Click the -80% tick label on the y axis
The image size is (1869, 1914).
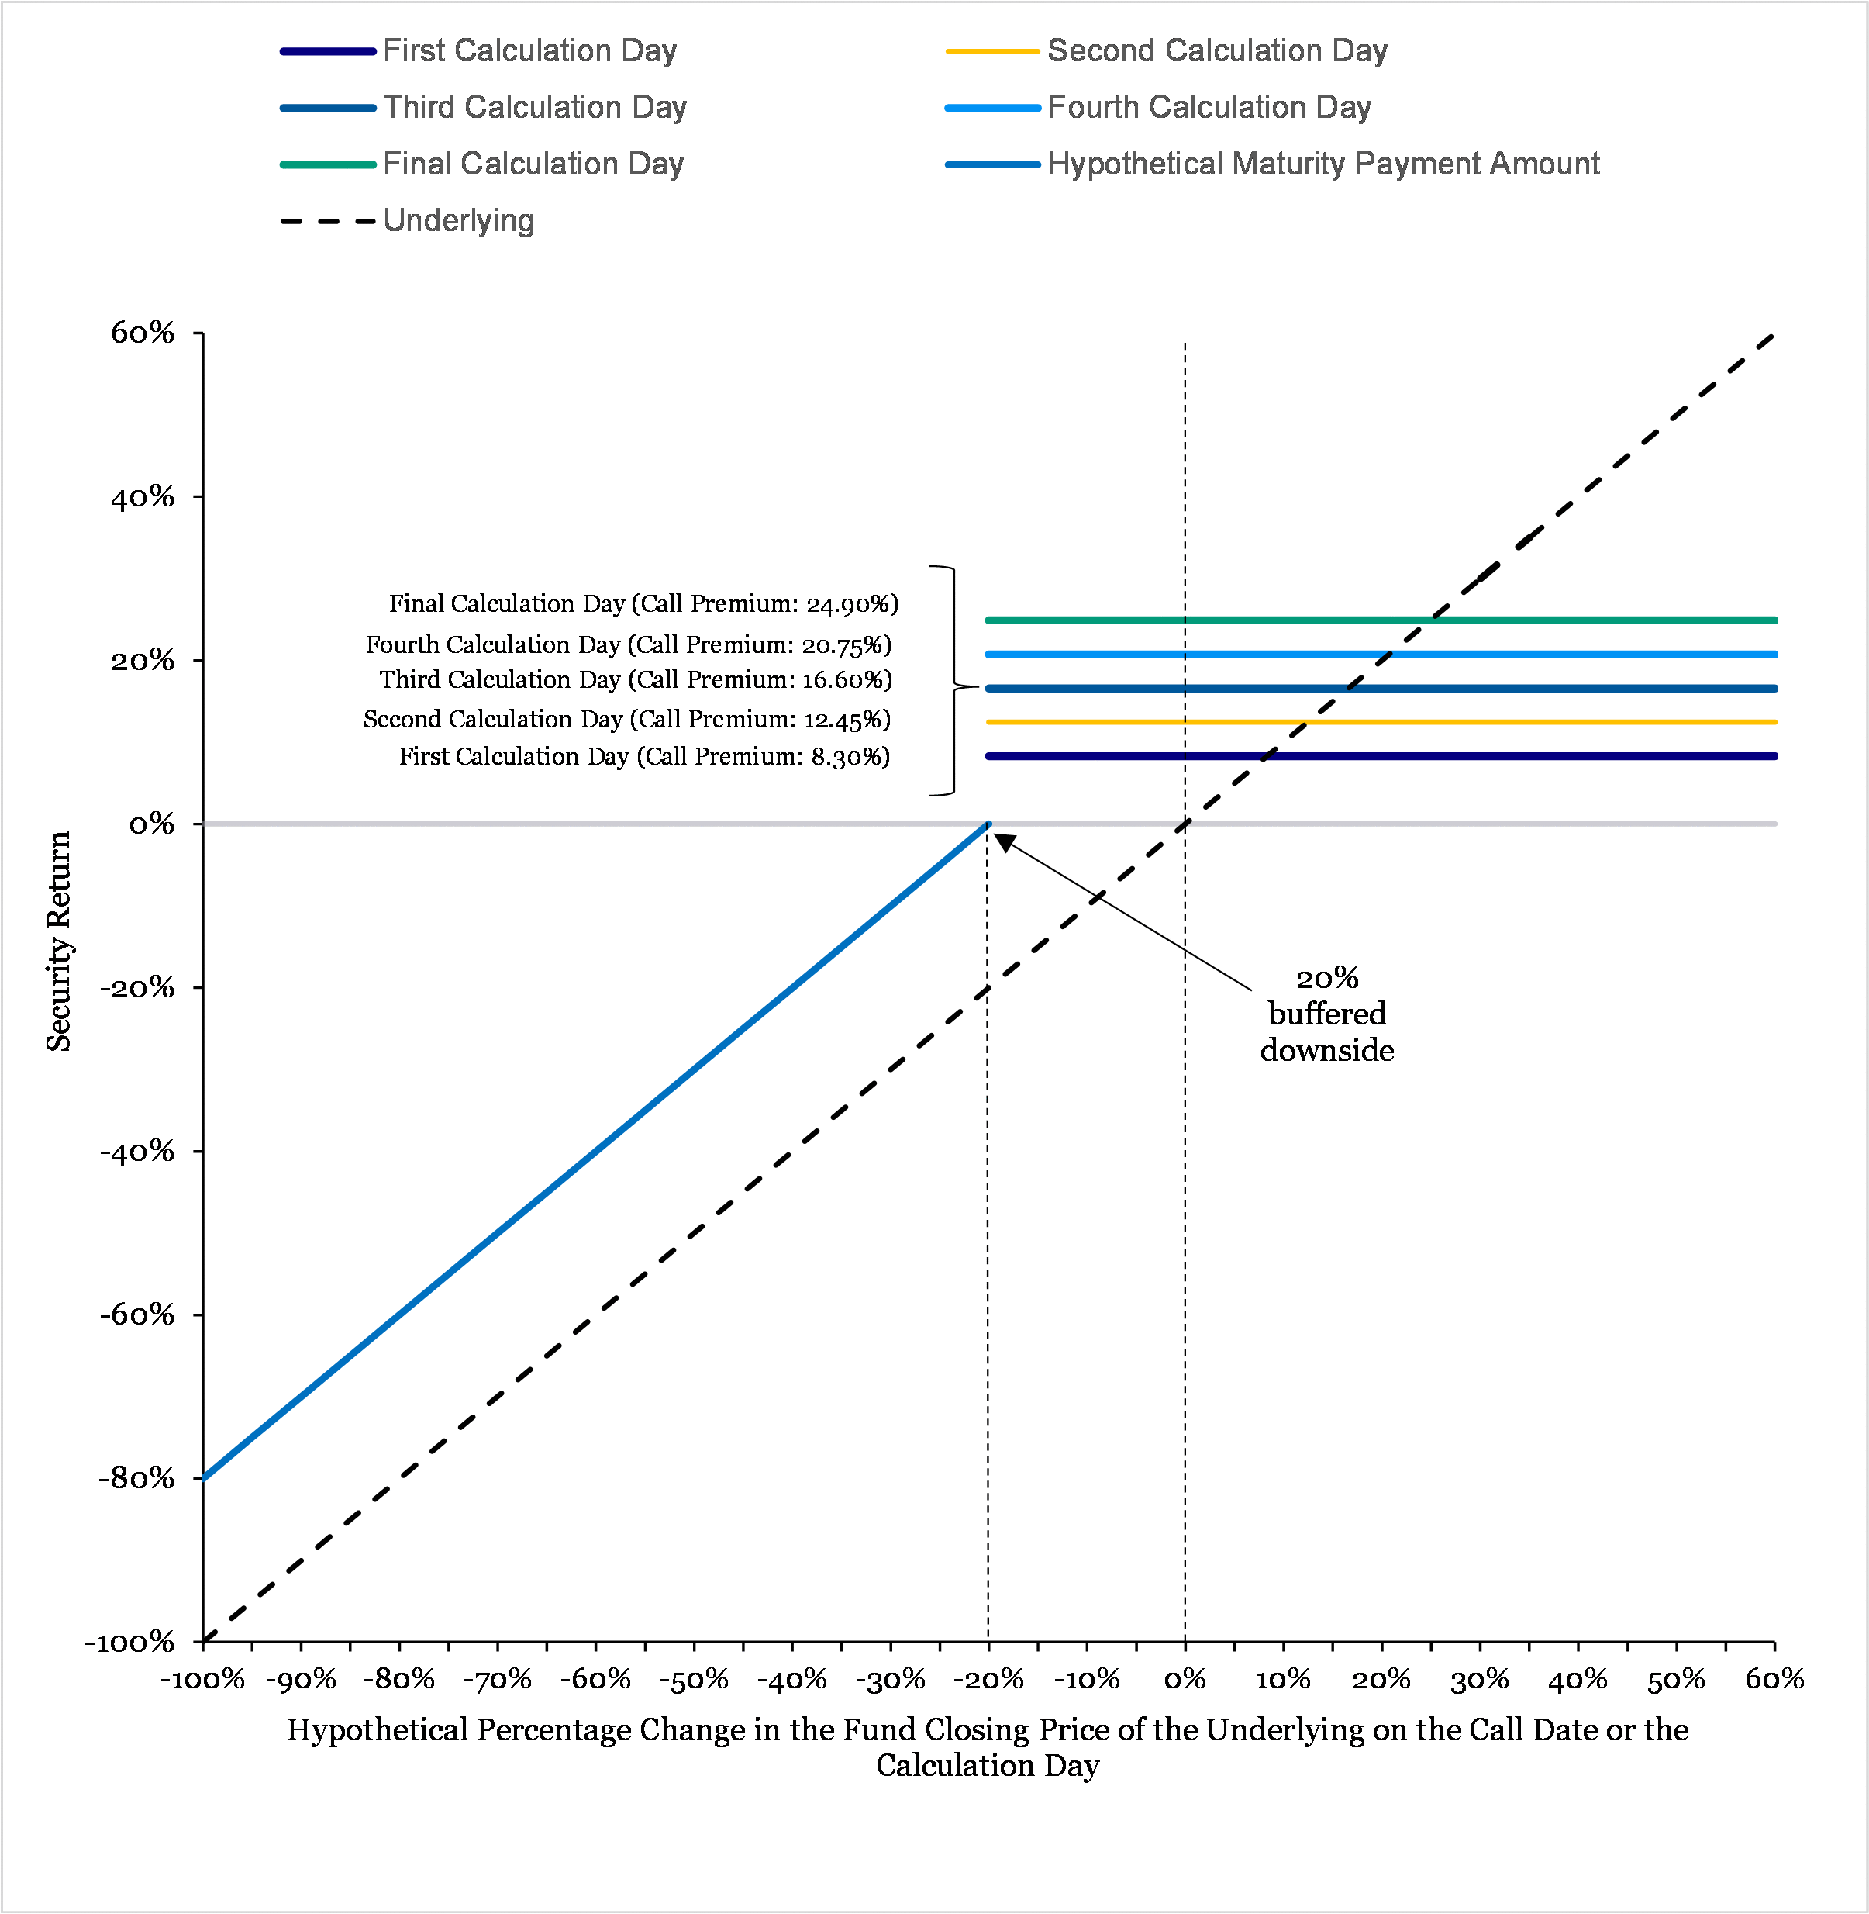[x=136, y=1479]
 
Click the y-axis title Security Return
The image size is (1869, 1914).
[x=59, y=941]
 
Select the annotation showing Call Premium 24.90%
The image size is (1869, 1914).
[x=643, y=604]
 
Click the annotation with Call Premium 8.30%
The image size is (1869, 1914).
[x=644, y=757]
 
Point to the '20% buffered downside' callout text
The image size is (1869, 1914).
[x=1326, y=1014]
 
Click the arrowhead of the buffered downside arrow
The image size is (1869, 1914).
[x=1004, y=841]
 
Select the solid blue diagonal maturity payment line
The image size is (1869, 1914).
[x=589, y=1151]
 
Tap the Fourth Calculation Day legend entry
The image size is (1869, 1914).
[x=1209, y=108]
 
